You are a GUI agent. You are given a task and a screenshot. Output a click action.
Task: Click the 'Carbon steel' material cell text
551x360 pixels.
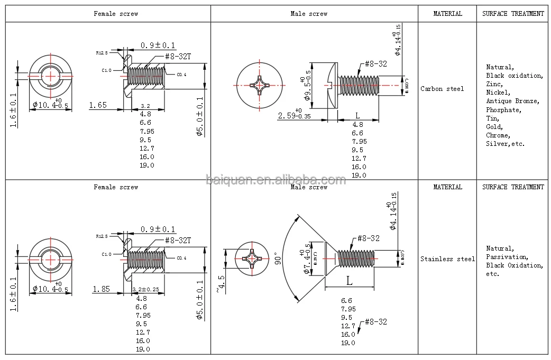(x=442, y=89)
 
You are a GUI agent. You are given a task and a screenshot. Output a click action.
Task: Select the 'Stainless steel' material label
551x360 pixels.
(x=447, y=259)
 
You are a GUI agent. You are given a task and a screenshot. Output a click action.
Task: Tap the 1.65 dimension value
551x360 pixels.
(x=98, y=105)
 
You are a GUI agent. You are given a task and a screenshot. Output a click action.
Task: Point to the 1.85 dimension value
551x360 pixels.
(x=102, y=289)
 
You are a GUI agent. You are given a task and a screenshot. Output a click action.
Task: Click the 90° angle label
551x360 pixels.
(x=275, y=259)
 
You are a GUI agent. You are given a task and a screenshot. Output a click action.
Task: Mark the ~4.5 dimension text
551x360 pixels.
(x=219, y=283)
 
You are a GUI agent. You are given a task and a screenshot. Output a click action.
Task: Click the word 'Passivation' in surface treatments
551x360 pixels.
(x=506, y=257)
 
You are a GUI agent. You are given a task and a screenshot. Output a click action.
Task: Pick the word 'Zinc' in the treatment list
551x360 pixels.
(x=494, y=84)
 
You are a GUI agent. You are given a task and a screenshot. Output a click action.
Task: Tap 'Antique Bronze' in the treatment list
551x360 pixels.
(x=512, y=101)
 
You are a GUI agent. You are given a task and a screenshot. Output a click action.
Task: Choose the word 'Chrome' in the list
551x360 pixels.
(x=498, y=135)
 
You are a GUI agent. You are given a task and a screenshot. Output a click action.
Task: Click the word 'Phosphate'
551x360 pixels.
(x=503, y=110)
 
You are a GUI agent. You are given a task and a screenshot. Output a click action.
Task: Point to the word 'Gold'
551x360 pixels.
(x=494, y=127)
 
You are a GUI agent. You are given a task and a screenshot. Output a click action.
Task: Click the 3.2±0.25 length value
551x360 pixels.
(x=145, y=290)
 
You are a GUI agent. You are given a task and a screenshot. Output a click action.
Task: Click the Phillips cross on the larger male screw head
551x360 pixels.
(x=259, y=85)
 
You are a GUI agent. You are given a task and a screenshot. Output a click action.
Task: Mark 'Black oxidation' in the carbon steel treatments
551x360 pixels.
(x=514, y=76)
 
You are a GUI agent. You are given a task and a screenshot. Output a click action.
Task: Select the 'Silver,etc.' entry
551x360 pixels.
(x=505, y=144)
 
